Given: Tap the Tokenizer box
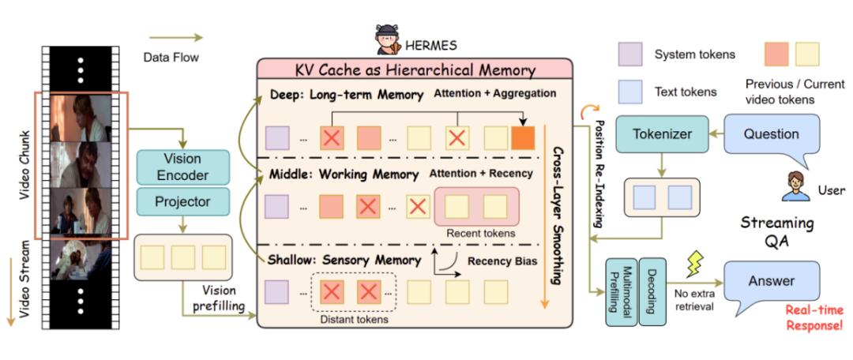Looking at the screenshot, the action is coord(662,133).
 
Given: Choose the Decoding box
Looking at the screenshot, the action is coord(652,293).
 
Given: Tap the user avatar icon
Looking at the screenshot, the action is coord(795,186).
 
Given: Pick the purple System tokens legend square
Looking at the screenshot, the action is coord(630,54).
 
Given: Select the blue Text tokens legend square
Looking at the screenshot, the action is coord(630,92).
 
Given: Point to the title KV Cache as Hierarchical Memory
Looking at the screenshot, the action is coord(415,71).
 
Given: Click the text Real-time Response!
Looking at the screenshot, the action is coord(814,318).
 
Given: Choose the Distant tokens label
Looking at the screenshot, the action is coord(354,320).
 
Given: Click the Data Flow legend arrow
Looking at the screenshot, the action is coord(175,38).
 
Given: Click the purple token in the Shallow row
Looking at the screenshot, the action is coord(276,292).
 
